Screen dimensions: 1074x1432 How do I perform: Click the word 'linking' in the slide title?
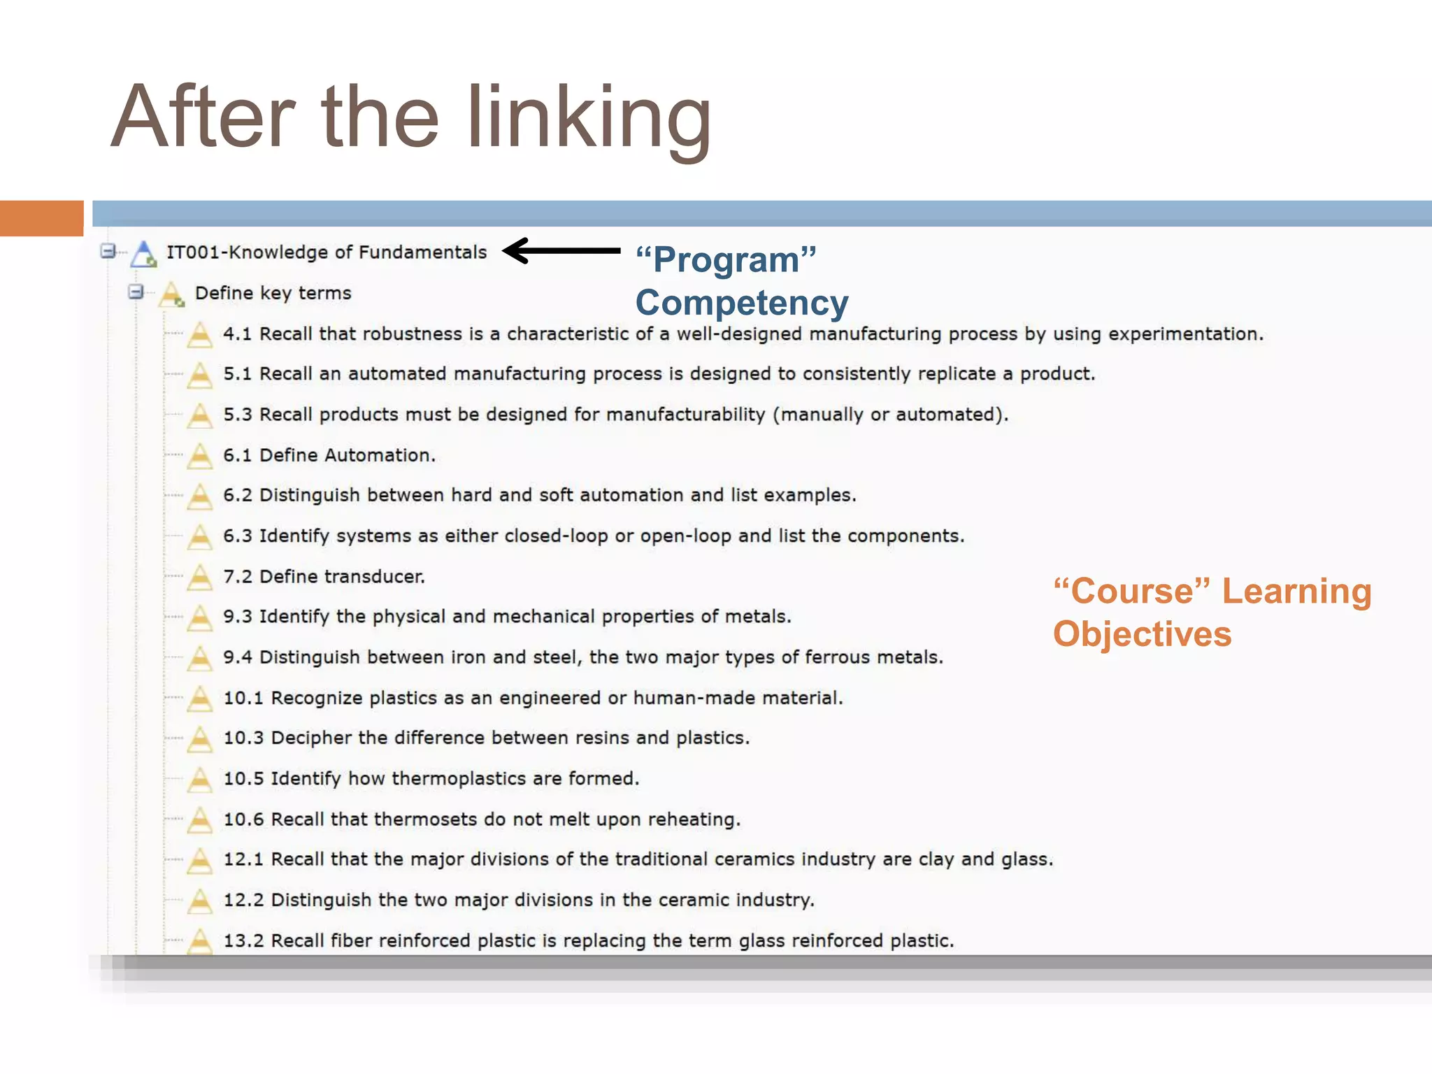[x=589, y=119]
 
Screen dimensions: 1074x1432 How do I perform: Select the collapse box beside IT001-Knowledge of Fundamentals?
[x=108, y=250]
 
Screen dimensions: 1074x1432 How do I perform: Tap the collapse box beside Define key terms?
[x=136, y=292]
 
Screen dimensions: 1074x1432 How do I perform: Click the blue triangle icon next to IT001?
[x=144, y=253]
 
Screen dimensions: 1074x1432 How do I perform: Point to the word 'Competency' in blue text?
[x=741, y=303]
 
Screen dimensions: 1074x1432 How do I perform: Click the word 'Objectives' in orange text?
[x=1142, y=634]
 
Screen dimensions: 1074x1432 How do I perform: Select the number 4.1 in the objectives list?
[x=237, y=334]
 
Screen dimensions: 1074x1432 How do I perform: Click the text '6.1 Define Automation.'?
[x=329, y=455]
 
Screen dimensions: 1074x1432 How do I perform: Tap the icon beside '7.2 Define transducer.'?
[x=200, y=577]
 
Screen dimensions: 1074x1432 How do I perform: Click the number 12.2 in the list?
[x=243, y=900]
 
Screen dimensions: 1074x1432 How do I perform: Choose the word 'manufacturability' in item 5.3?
[x=685, y=415]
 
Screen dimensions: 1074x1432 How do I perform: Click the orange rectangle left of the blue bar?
[x=41, y=218]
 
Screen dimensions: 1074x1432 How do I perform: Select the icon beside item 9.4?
[x=200, y=658]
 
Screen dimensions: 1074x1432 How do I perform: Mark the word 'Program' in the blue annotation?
[x=726, y=260]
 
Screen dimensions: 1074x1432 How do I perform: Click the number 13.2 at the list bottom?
[x=243, y=940]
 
